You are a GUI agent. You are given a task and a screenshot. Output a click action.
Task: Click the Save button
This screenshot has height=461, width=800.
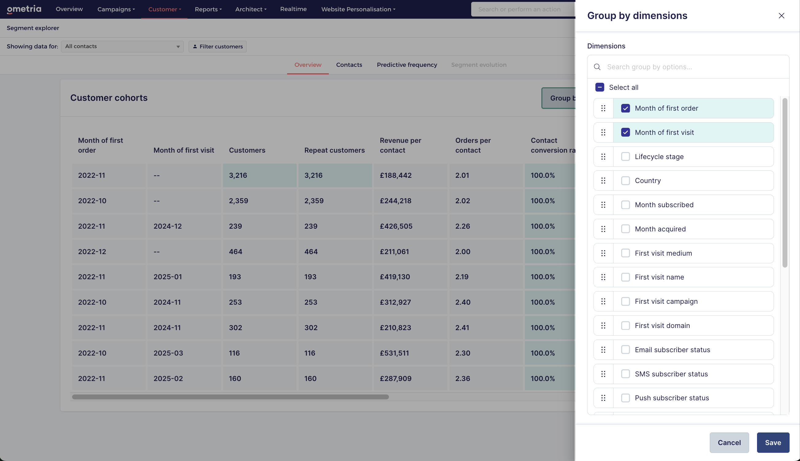773,442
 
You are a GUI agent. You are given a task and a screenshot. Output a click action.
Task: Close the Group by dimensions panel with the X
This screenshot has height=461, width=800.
781,16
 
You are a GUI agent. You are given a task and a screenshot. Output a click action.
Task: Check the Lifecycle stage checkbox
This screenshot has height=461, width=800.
625,156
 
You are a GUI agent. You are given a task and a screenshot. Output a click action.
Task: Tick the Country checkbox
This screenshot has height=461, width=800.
625,181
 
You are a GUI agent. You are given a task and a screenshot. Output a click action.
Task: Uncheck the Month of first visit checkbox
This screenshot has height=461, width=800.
625,132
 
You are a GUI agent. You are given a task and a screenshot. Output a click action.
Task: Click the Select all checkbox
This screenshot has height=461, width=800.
599,87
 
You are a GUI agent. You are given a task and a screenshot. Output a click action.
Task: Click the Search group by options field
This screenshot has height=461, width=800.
694,67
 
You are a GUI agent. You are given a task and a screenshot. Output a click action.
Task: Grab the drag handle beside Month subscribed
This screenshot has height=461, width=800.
603,205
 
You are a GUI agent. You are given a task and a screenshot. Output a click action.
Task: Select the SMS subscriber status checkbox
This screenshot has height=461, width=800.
625,374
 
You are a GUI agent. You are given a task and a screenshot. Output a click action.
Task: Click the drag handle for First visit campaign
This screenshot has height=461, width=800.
603,301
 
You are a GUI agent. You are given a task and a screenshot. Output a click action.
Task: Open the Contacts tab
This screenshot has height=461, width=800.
349,65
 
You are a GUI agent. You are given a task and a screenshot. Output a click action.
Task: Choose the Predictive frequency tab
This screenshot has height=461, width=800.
407,65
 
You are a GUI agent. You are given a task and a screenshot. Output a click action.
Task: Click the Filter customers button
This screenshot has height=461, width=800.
218,47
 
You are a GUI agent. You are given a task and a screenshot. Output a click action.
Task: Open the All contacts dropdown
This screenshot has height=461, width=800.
122,47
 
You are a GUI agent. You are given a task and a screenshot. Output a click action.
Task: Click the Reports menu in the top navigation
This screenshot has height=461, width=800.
208,9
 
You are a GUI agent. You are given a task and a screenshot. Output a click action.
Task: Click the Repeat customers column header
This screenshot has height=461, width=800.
334,150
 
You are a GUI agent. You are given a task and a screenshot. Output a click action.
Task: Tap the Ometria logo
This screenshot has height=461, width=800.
24,9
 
